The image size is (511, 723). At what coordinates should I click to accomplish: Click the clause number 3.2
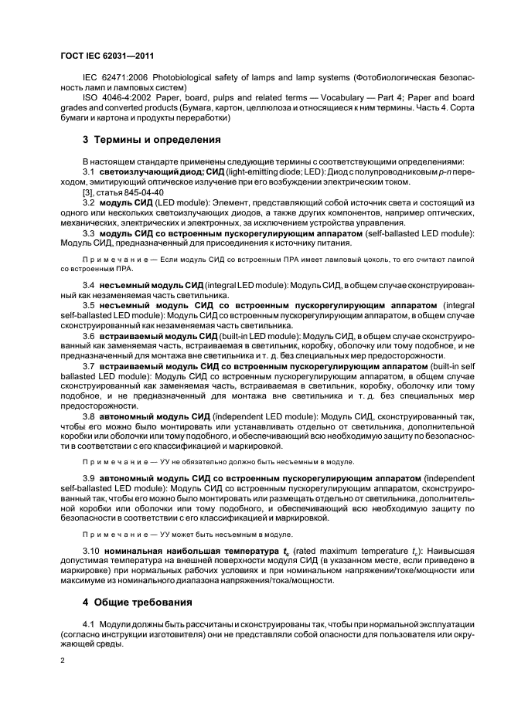(88, 202)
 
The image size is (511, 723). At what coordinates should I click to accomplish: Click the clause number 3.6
(88, 337)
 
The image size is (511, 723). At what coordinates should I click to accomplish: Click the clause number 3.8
(88, 416)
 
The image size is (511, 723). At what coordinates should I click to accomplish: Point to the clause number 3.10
(91, 550)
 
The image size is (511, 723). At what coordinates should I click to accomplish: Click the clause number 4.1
(88, 623)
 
